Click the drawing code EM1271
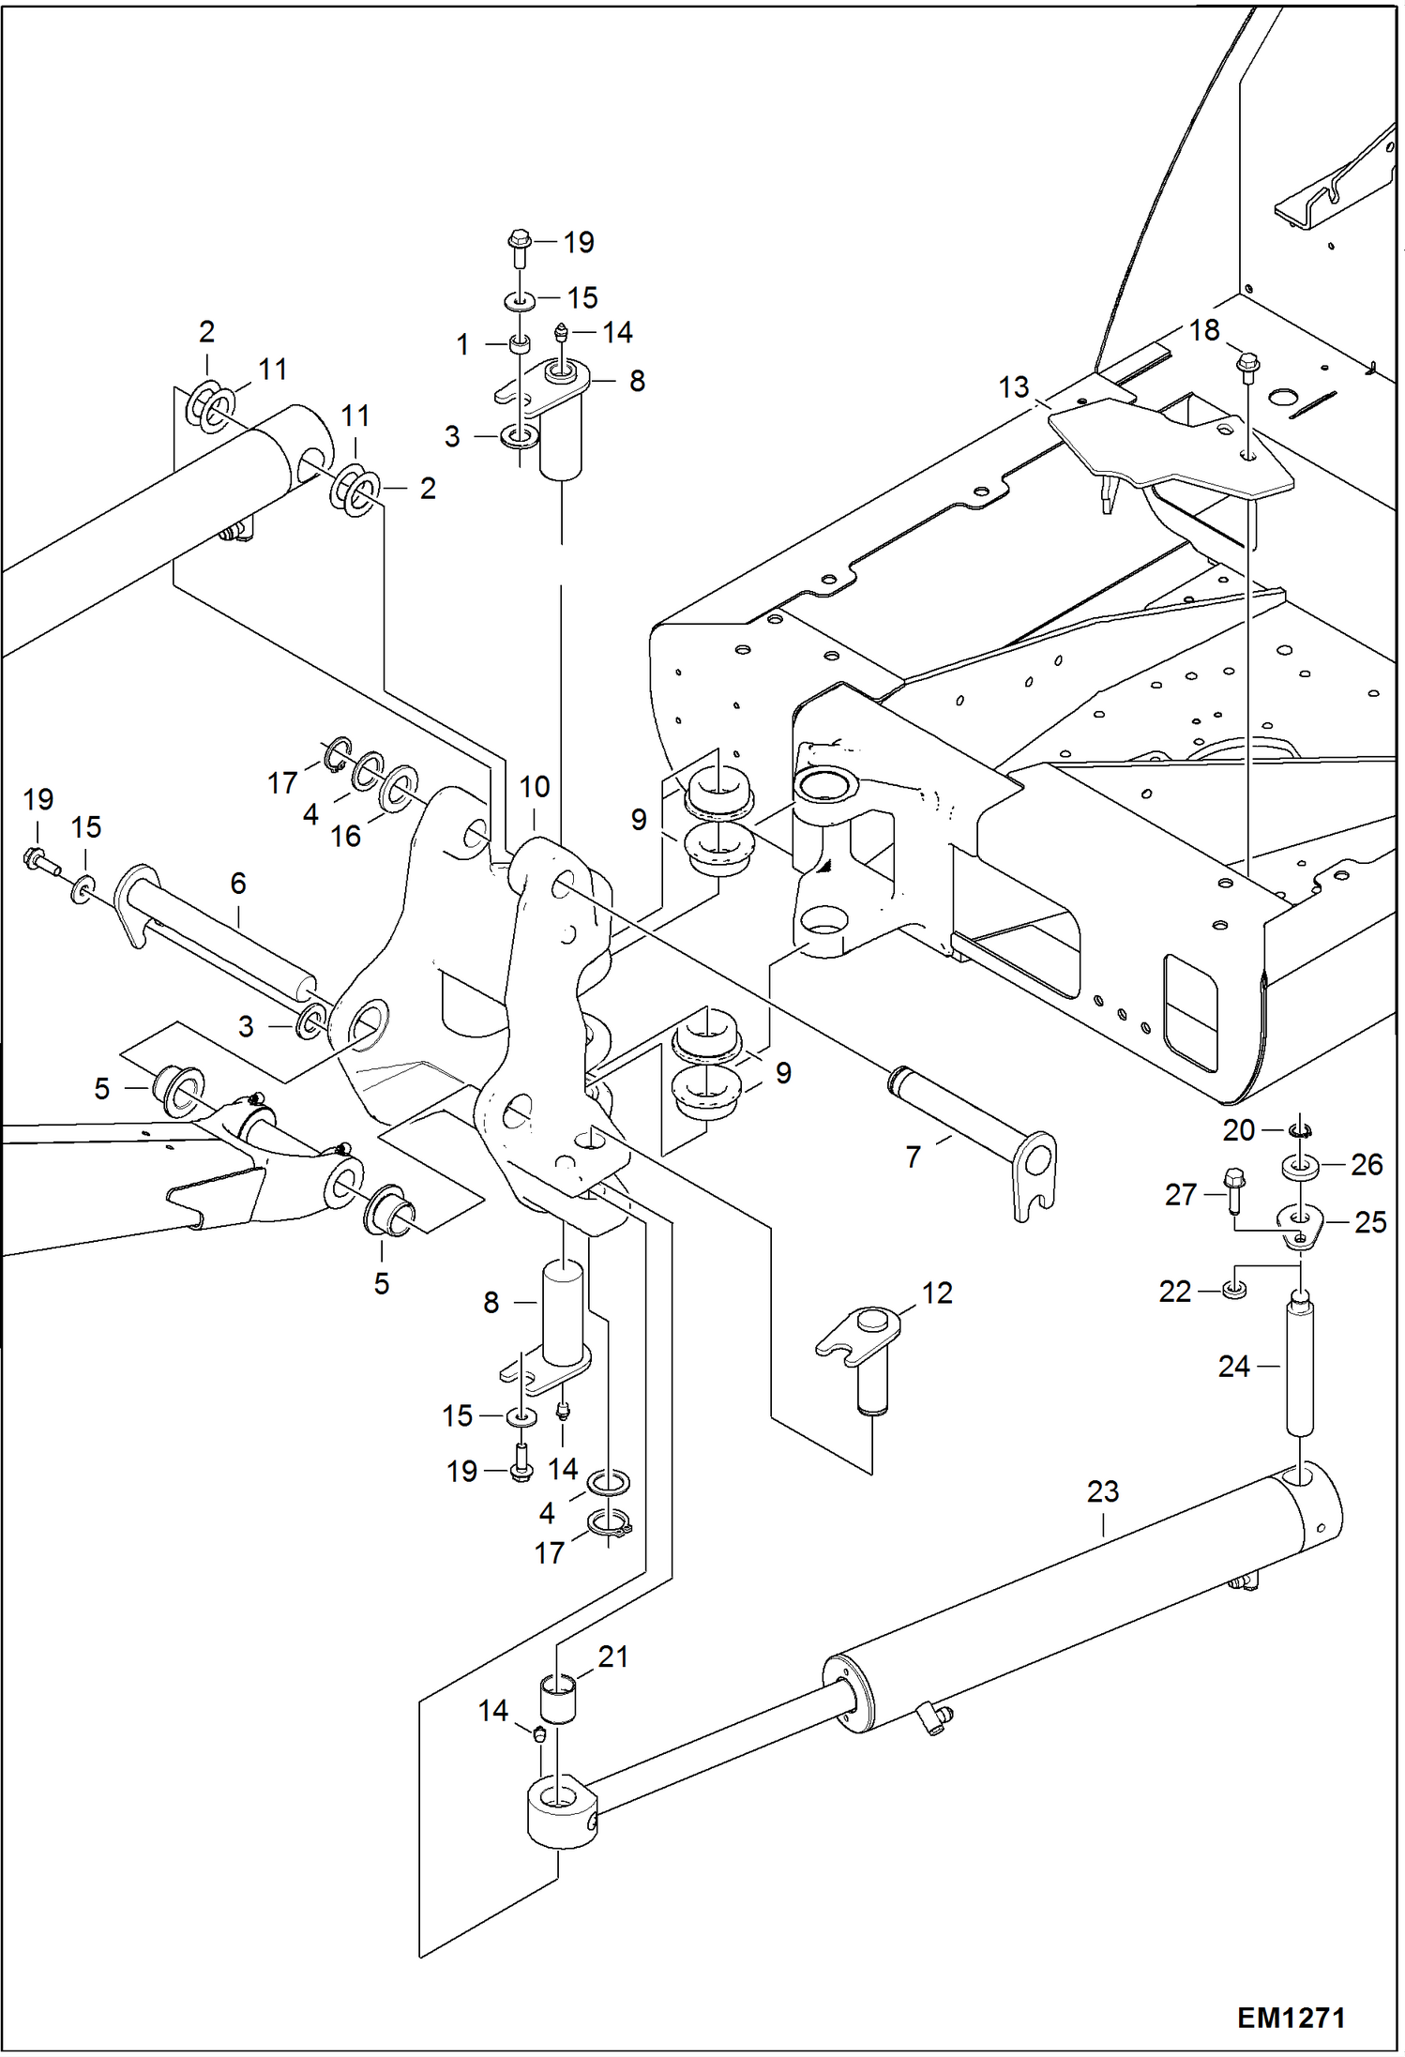[x=1291, y=2018]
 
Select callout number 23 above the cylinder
[x=1103, y=1491]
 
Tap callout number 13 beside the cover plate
[x=1014, y=386]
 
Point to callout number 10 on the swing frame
[x=535, y=786]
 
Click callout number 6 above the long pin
[x=238, y=883]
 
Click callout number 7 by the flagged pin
[x=914, y=1157]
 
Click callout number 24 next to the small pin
[x=1234, y=1367]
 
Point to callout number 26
[x=1367, y=1164]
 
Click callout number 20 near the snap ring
[x=1238, y=1130]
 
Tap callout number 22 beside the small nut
[x=1175, y=1292]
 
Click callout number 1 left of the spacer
[x=462, y=345]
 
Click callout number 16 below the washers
[x=345, y=836]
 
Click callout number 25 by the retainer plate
[x=1370, y=1222]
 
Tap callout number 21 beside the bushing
[x=612, y=1656]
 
